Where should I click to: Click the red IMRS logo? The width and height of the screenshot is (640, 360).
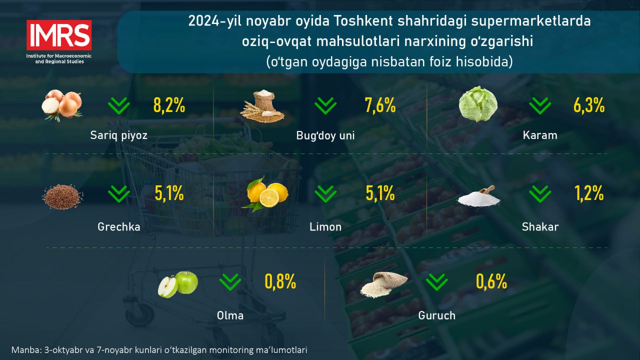59,35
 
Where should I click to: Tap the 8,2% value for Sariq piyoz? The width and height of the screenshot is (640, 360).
169,105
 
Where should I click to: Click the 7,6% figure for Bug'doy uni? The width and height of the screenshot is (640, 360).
380,105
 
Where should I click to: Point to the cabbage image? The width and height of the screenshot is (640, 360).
478,104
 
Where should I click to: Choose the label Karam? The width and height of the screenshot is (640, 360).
540,135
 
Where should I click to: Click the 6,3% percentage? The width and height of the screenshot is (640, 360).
589,105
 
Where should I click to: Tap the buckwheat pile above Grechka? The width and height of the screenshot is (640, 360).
62,196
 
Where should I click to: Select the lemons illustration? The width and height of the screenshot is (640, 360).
265,194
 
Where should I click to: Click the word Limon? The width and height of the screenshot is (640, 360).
325,227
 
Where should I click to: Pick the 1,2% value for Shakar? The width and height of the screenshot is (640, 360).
589,193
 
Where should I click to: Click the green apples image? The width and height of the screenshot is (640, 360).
178,284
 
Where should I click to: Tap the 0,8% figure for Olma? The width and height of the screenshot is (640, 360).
280,281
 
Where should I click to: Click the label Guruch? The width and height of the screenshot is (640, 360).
437,315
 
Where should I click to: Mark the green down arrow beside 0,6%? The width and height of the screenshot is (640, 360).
437,282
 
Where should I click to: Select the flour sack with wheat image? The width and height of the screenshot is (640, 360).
262,106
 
